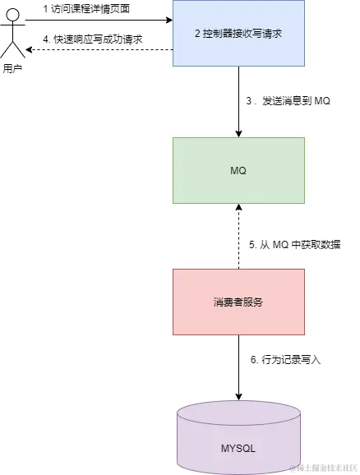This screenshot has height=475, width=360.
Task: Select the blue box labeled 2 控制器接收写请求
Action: tap(238, 33)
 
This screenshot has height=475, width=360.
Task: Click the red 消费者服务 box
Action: tap(238, 301)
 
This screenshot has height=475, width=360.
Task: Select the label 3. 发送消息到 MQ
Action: tap(288, 100)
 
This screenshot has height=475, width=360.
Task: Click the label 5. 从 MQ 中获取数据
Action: tap(295, 245)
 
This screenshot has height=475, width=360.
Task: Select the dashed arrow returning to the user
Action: tap(99, 50)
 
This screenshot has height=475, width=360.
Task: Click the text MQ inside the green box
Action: tap(238, 170)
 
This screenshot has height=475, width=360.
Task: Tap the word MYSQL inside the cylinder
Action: tap(238, 449)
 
